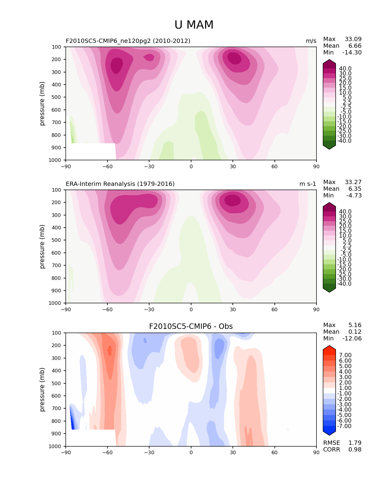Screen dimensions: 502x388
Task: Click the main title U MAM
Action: coord(194,25)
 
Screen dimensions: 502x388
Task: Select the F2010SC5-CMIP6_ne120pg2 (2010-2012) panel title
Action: coord(128,41)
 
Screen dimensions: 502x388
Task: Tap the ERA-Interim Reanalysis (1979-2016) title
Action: coord(120,184)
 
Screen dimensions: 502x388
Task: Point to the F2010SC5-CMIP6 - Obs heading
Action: coord(191,326)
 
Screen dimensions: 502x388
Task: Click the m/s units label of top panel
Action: coord(311,41)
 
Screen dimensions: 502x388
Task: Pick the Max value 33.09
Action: coord(353,39)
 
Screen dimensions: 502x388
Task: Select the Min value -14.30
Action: coord(352,53)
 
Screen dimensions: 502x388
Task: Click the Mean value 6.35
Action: coord(355,189)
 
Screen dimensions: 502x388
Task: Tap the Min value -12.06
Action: coord(352,339)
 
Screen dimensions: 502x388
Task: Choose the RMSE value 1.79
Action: coord(355,443)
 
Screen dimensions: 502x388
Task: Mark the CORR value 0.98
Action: coord(355,450)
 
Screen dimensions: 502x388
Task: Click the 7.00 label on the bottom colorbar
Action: coord(345,355)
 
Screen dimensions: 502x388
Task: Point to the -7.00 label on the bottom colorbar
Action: coord(344,426)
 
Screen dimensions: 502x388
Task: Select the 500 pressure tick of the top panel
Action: coord(57,97)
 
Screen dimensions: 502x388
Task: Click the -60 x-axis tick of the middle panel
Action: coord(107,310)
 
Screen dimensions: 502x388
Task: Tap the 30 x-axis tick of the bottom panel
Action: coord(233,453)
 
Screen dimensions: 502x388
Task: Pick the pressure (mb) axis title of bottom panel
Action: coord(42,389)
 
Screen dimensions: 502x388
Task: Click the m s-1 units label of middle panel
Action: coord(308,184)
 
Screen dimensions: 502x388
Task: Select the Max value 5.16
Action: coord(355,325)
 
